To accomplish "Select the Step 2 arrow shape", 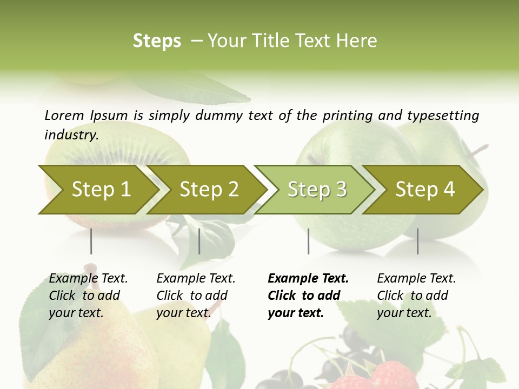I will coord(209,190).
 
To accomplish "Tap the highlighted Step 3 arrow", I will coord(317,190).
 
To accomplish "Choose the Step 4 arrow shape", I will coord(425,190).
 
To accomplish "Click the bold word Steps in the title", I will coord(157,41).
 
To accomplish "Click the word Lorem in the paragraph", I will coord(64,116).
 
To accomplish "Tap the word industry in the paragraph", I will coord(71,135).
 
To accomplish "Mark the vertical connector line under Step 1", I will coord(91,241).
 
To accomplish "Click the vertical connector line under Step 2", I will coord(199,241).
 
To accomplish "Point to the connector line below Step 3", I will coord(309,241).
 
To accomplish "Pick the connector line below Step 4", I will coord(418,241).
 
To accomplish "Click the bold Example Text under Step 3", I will coord(308,279).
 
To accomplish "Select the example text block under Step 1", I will coord(88,296).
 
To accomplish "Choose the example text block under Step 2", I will coord(196,296).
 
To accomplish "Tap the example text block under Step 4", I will coord(416,296).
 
